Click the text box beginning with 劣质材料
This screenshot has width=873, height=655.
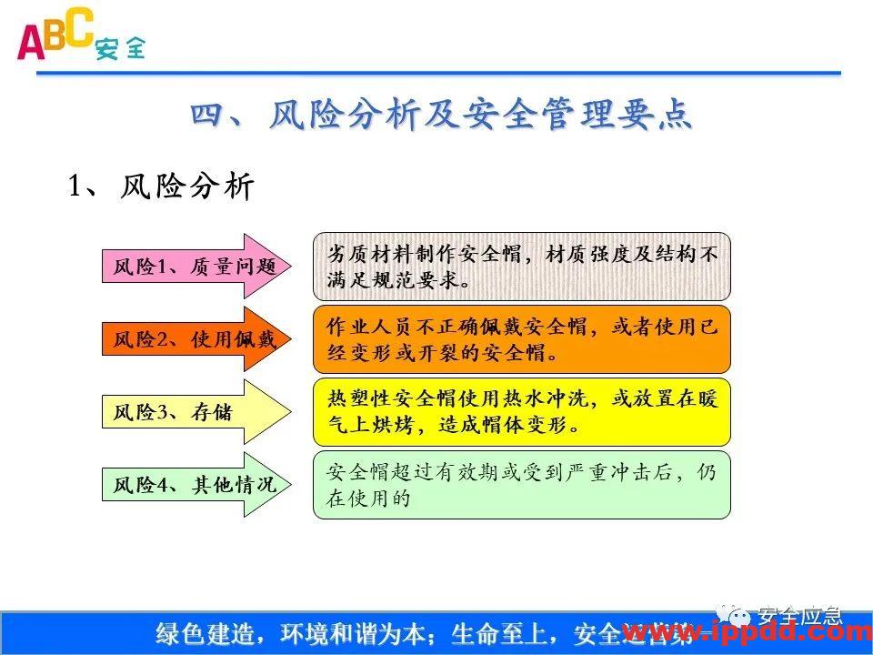522,267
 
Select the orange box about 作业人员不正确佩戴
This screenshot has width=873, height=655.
522,339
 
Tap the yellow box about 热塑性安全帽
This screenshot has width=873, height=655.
522,412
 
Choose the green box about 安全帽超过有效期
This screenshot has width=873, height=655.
522,485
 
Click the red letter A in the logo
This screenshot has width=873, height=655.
29,42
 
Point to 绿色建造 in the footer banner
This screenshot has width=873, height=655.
197,633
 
